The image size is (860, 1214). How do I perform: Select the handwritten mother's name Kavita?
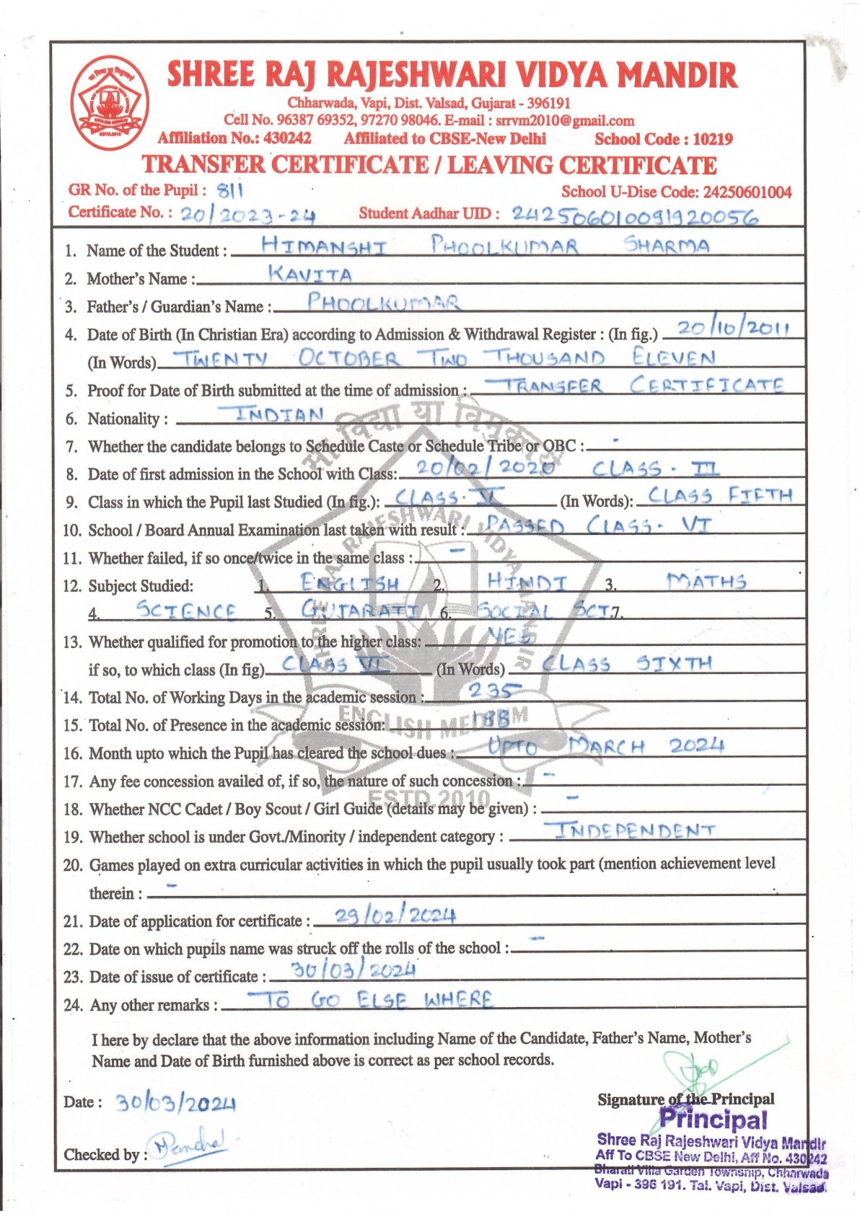click(x=310, y=275)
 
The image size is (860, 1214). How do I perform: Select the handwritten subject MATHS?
click(x=706, y=581)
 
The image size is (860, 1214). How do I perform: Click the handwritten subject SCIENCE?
click(x=186, y=611)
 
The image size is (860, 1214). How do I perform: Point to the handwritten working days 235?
click(x=494, y=691)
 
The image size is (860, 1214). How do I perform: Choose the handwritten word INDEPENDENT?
click(x=633, y=830)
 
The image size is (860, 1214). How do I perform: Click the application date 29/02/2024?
click(x=385, y=916)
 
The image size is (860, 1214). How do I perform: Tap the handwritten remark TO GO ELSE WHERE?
click(x=370, y=1000)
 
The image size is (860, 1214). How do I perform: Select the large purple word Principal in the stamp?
click(x=713, y=1120)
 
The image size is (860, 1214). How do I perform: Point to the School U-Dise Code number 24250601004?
click(x=747, y=192)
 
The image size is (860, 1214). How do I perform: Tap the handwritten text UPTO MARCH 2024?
click(x=605, y=746)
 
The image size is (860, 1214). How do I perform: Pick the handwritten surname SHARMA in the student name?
click(x=667, y=245)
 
